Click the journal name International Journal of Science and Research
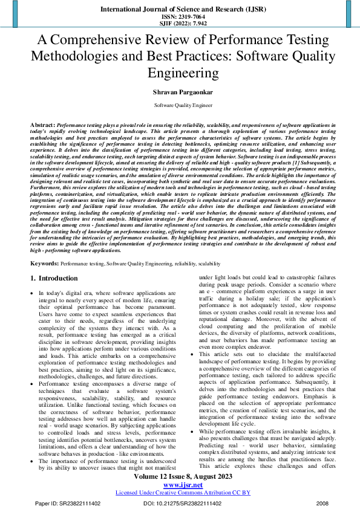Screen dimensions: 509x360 pyautogui.click(x=180, y=10)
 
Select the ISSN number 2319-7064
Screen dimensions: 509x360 pyautogui.click(x=180, y=18)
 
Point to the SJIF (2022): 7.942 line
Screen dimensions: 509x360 pyautogui.click(x=180, y=24)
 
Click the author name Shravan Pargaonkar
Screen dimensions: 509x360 pyautogui.click(x=180, y=92)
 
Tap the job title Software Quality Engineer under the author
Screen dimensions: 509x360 pyautogui.click(x=180, y=105)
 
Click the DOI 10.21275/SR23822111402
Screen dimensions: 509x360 pyautogui.click(x=181, y=503)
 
